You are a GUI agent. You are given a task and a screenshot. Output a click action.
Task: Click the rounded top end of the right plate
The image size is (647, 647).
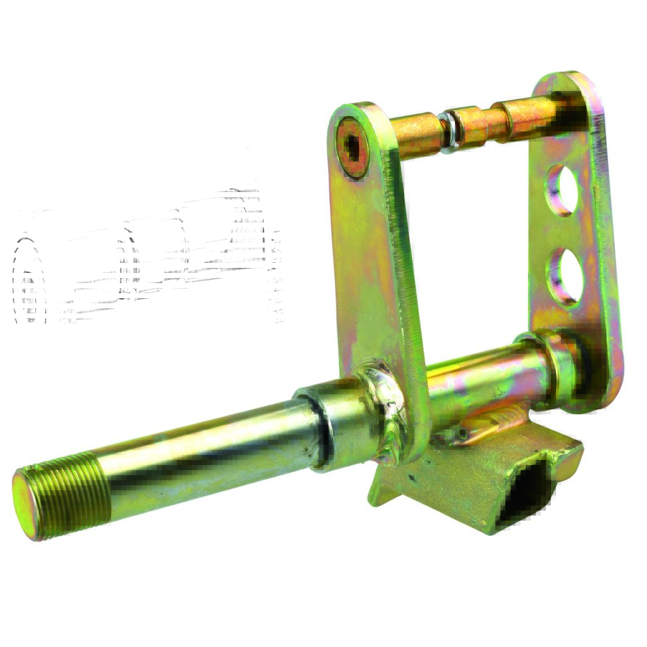click(569, 88)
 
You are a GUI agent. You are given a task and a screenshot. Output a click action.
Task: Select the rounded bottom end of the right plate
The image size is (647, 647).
click(597, 392)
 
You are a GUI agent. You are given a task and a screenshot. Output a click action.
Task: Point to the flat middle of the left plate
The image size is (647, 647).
click(373, 265)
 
